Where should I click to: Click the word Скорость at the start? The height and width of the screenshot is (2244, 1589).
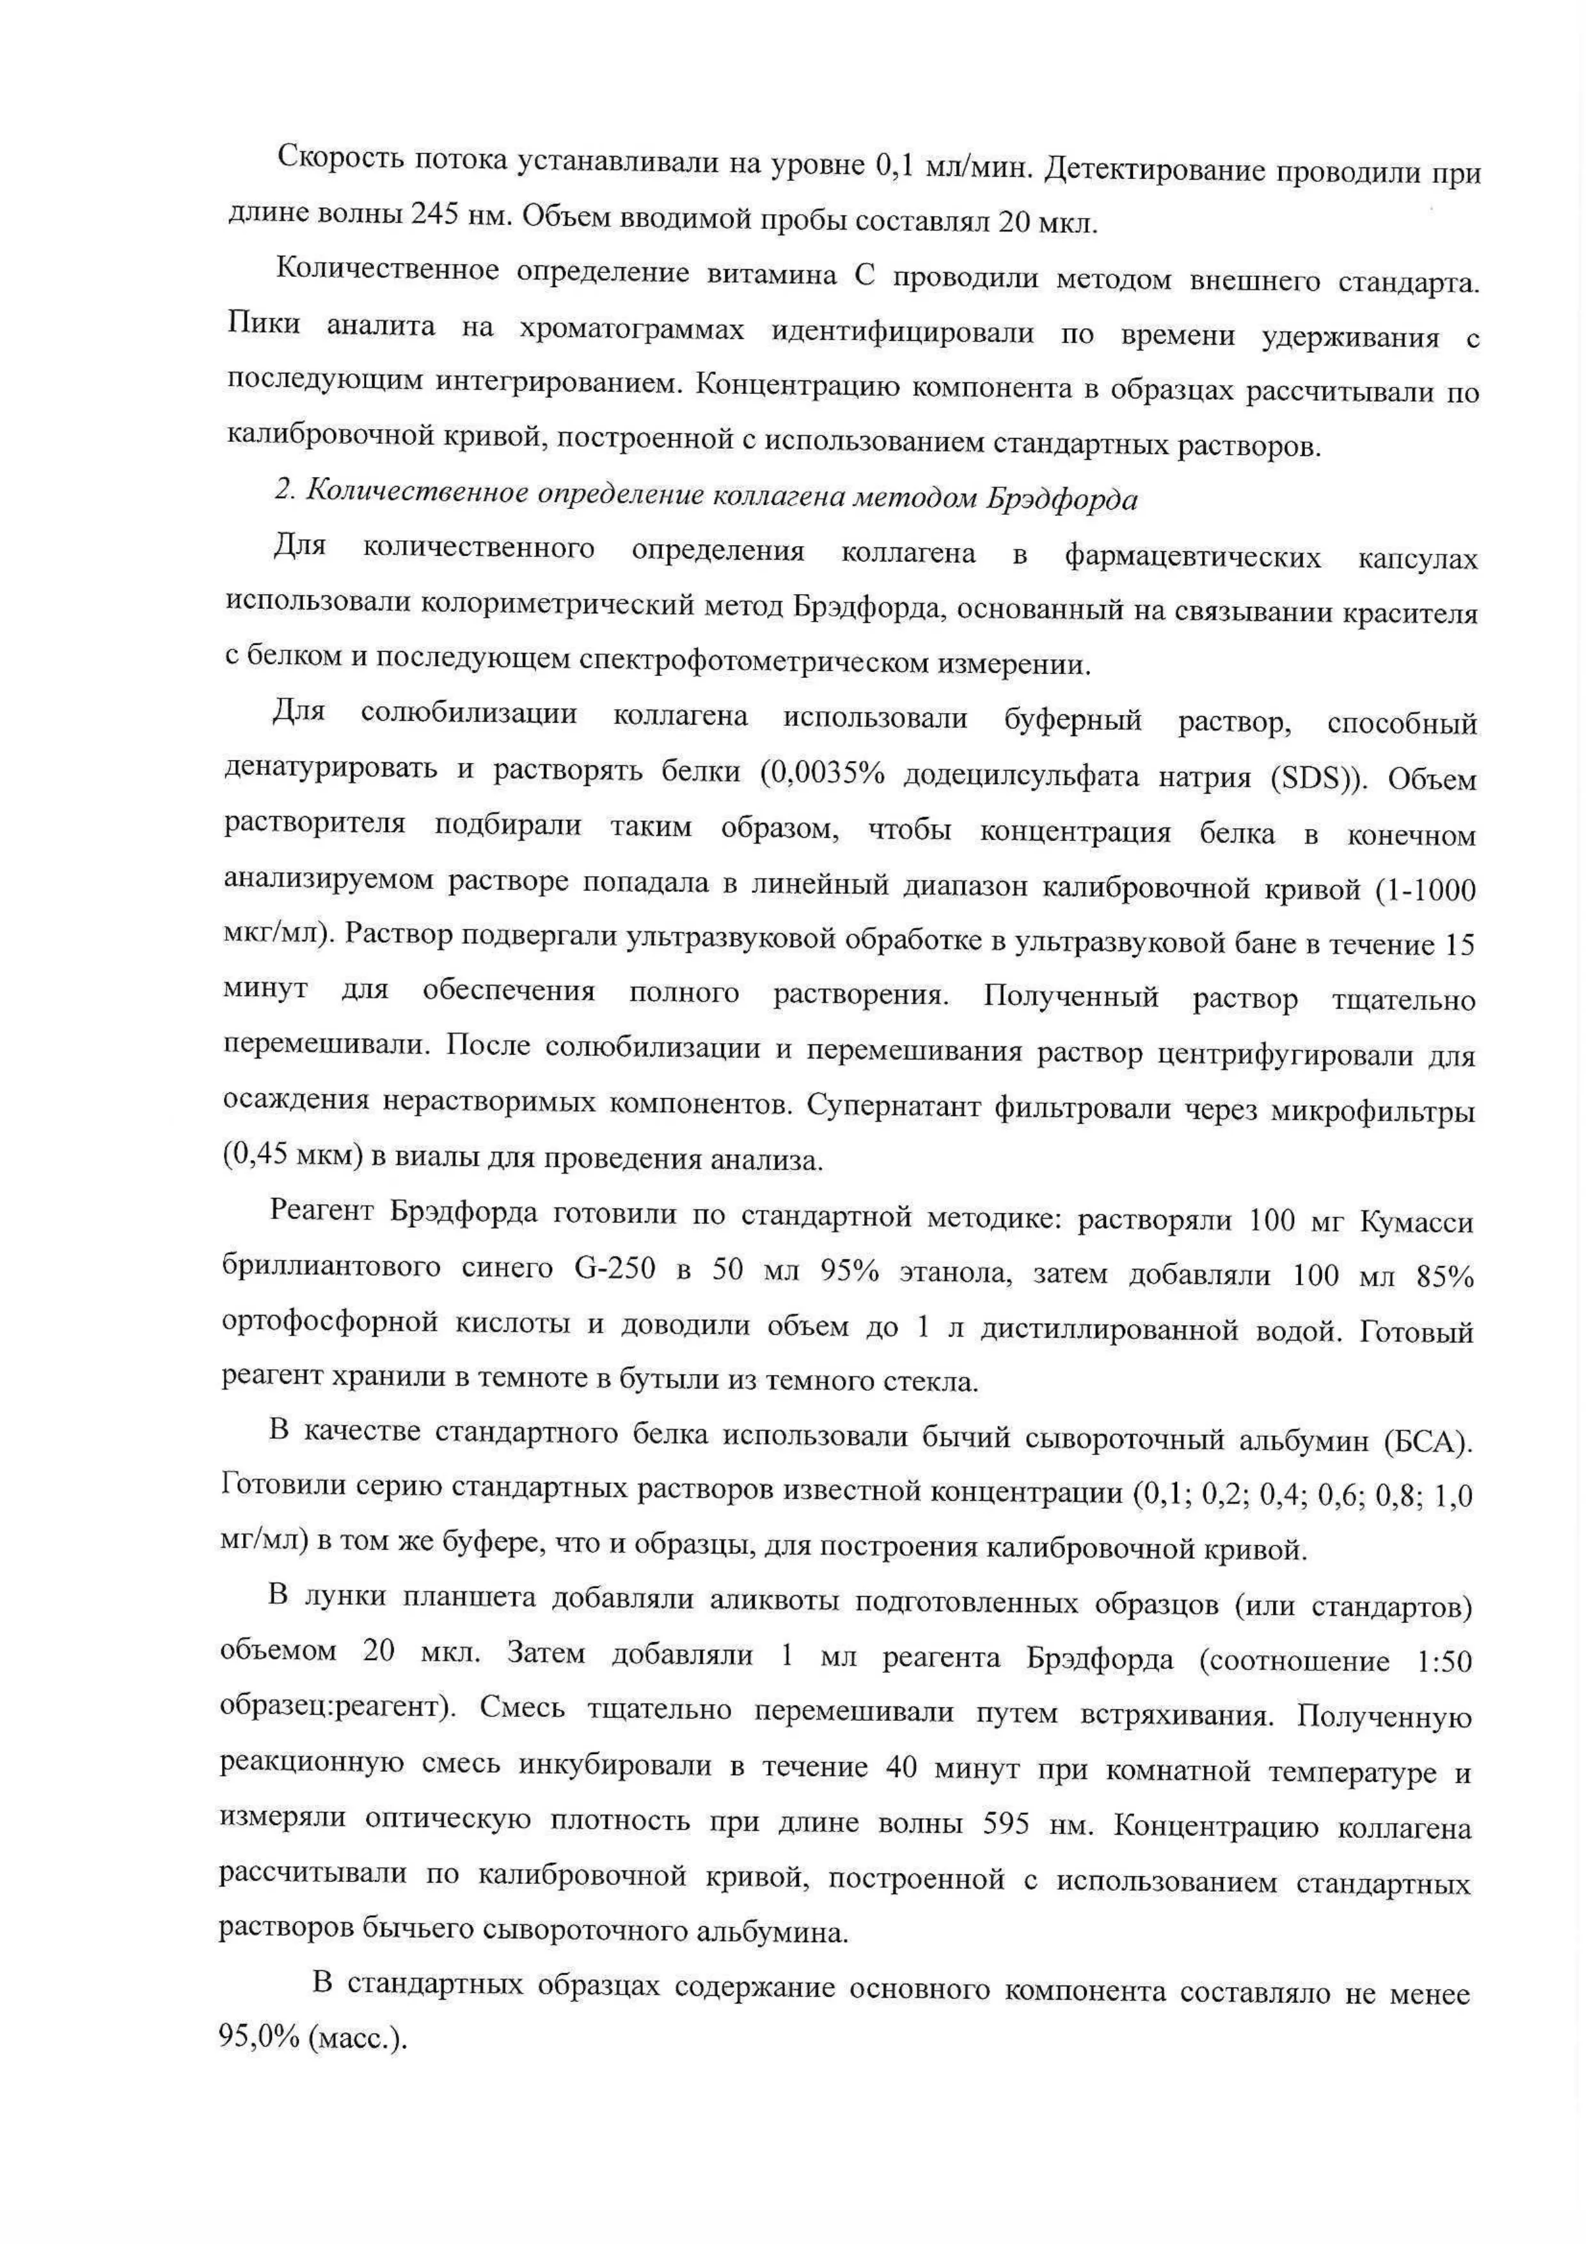[x=336, y=157]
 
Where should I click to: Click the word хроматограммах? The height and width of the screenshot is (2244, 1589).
[x=631, y=329]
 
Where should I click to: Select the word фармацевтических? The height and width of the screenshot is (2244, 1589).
[x=1193, y=558]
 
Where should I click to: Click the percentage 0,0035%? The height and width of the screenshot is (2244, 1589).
[x=821, y=774]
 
